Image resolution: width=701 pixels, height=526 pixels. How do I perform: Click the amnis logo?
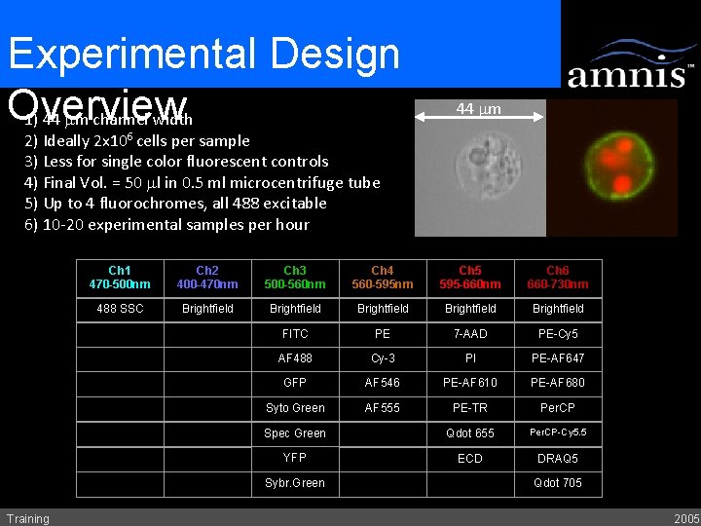click(x=630, y=65)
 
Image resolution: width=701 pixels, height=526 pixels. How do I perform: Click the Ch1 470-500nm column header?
click(x=120, y=278)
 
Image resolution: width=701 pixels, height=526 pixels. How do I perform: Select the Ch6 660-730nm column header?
click(x=558, y=278)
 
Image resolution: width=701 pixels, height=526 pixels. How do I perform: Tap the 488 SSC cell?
click(x=120, y=309)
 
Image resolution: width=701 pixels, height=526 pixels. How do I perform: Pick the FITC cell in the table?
click(x=295, y=334)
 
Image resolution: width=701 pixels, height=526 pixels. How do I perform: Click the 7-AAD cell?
click(x=470, y=334)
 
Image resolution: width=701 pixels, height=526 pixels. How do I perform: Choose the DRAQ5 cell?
click(x=558, y=458)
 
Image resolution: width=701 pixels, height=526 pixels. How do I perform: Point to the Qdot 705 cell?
click(x=558, y=483)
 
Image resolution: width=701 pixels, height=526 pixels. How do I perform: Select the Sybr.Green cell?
click(x=295, y=483)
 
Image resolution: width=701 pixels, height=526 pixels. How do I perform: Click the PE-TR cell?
click(x=470, y=408)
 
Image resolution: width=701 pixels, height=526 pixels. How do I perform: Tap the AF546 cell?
click(x=383, y=383)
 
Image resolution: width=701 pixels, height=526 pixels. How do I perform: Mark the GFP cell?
click(x=295, y=383)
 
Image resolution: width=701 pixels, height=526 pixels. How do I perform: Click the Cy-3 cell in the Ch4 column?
click(x=383, y=358)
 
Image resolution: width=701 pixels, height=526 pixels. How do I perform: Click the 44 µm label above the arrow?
click(x=478, y=109)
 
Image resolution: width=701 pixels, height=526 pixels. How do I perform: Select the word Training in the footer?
click(x=27, y=518)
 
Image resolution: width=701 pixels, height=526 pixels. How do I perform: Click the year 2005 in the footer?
click(x=685, y=518)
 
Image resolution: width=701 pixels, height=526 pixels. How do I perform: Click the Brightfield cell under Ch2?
click(x=207, y=309)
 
